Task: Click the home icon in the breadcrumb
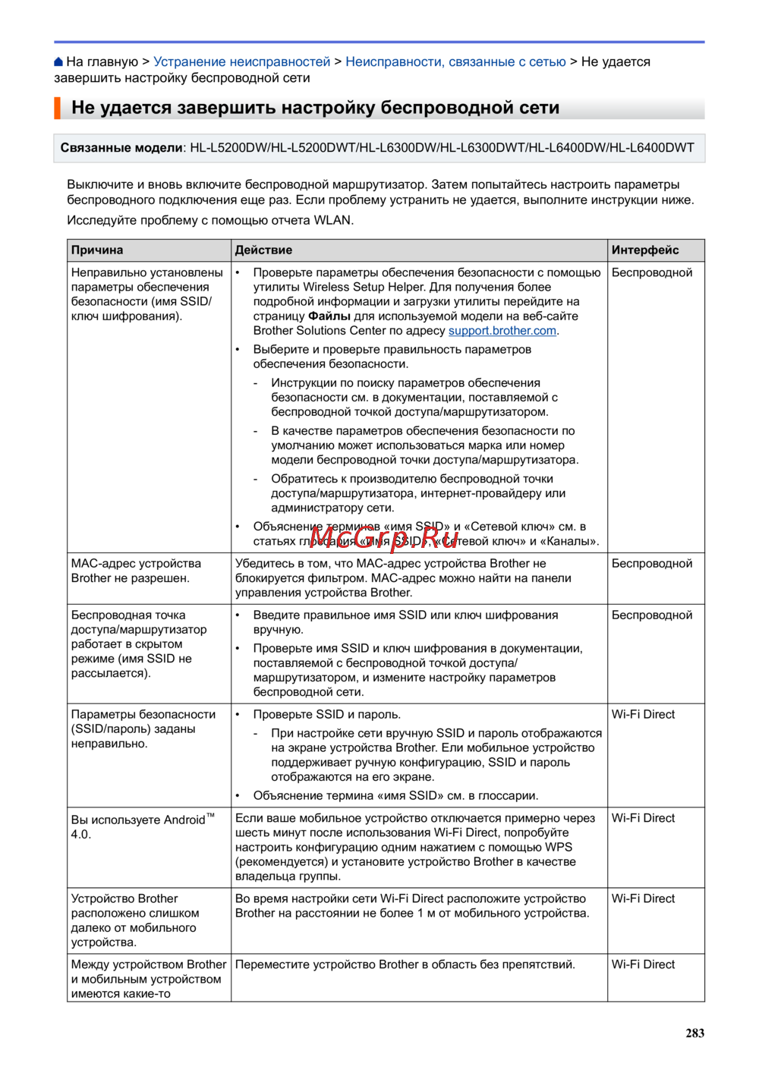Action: click(x=58, y=62)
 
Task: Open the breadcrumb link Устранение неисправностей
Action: click(x=241, y=62)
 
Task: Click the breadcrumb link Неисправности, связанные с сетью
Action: click(x=455, y=62)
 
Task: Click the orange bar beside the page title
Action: click(x=57, y=108)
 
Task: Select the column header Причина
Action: click(x=97, y=250)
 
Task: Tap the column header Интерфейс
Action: click(x=645, y=250)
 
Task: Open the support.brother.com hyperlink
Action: click(x=502, y=331)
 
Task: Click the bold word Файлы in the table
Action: click(x=329, y=316)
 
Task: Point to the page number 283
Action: click(x=694, y=1033)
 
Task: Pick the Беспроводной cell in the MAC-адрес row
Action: click(x=652, y=564)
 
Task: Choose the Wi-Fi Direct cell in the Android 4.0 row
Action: click(x=643, y=818)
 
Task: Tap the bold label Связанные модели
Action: click(x=121, y=148)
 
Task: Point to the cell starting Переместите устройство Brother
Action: click(x=405, y=964)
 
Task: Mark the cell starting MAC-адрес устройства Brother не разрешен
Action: click(x=136, y=571)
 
